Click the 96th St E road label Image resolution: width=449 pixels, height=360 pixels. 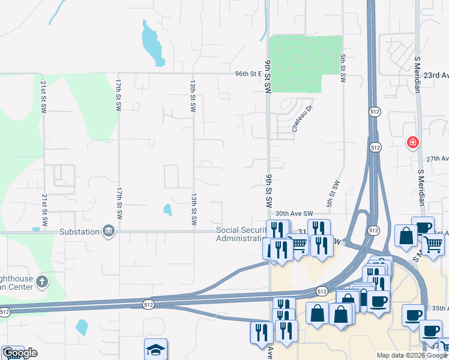coord(249,74)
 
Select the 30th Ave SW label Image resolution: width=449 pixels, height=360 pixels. coord(294,214)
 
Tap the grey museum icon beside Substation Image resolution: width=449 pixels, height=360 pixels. coord(109,232)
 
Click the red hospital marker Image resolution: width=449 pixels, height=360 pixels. coord(412,142)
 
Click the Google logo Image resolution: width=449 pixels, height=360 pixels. coord(20,353)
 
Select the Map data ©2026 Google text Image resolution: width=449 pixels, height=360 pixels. coord(411,355)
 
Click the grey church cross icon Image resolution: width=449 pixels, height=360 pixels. coord(42,281)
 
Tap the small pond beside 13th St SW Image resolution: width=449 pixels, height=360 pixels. coord(167,209)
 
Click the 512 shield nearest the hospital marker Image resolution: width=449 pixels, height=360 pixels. coord(376,147)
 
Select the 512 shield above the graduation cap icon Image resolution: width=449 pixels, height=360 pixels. coord(148,305)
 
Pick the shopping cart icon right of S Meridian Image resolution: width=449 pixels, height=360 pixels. coord(433,244)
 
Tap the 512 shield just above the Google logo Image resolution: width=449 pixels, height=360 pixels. coord(5,312)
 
